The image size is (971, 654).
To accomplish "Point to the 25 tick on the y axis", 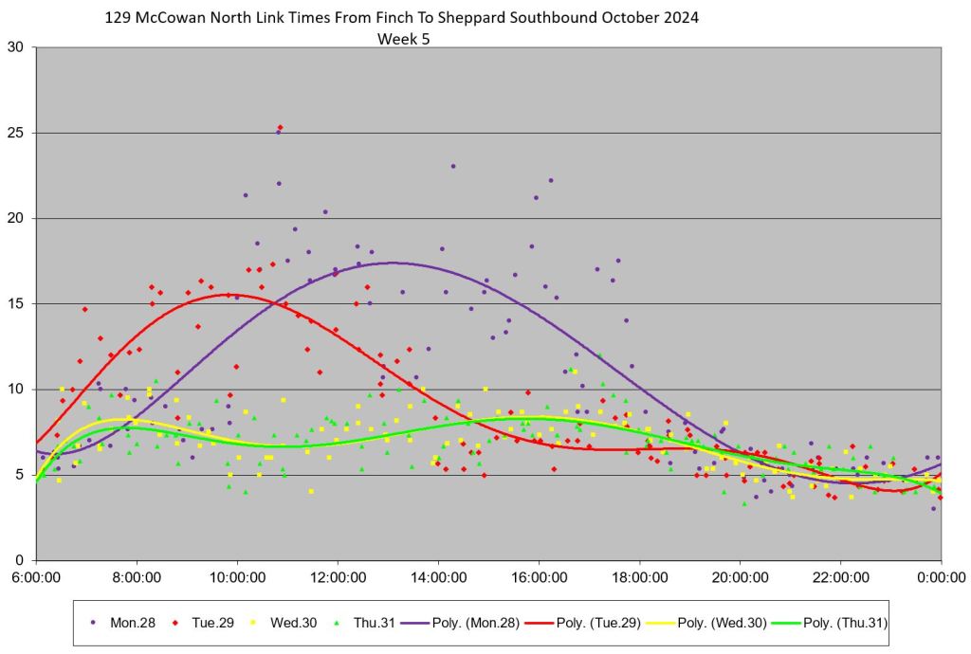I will (17, 133).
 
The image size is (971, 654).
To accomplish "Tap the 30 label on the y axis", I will (17, 47).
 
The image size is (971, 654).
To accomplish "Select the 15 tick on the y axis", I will (17, 304).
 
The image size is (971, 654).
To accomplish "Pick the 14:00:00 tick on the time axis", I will (438, 575).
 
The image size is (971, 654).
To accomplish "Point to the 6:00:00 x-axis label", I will (36, 575).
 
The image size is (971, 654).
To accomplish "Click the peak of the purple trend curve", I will (393, 263).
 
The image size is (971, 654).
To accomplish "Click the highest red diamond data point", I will (280, 127).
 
